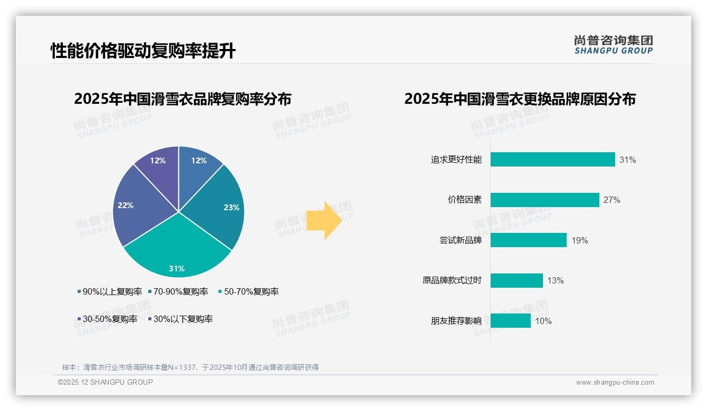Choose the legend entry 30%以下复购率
click(180, 319)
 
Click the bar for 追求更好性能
click(552, 160)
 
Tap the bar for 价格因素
click(544, 200)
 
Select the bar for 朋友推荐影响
click(510, 320)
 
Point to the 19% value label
click(579, 240)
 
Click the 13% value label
click(555, 280)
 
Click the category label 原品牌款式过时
click(452, 280)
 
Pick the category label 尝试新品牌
click(460, 240)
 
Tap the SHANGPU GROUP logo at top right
click(613, 45)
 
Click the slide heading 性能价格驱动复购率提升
click(142, 51)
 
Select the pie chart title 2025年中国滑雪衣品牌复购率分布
click(183, 99)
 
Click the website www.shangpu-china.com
click(615, 383)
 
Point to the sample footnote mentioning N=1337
click(190, 367)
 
